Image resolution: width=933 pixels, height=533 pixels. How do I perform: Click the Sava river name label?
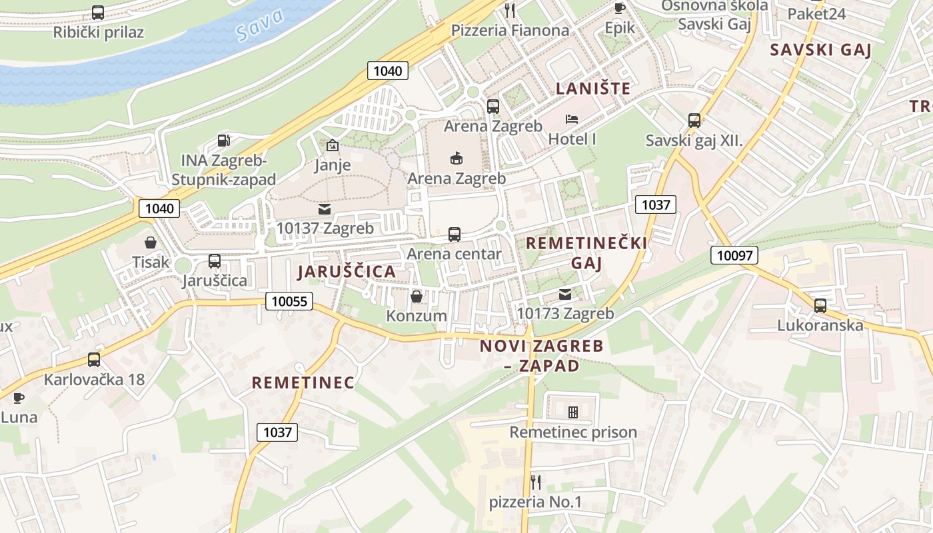(x=259, y=25)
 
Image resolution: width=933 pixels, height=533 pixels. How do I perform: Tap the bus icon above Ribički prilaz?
(x=98, y=12)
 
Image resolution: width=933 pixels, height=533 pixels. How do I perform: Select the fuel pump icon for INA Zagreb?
(x=225, y=141)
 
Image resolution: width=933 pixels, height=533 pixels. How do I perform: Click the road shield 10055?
(x=290, y=301)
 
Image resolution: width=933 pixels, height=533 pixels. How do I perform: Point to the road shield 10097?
(x=734, y=255)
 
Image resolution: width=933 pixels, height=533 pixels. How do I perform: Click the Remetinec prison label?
(x=573, y=432)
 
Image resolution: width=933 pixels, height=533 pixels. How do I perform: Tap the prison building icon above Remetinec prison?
(x=572, y=412)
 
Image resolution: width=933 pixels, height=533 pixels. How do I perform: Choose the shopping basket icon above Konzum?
(x=417, y=296)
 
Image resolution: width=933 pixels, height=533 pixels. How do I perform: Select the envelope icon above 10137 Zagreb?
(x=325, y=209)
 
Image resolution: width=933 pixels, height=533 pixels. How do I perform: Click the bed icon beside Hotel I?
(x=572, y=119)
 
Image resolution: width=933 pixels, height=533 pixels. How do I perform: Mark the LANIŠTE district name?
(x=593, y=88)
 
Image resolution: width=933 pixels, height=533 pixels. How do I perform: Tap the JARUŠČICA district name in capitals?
(x=347, y=272)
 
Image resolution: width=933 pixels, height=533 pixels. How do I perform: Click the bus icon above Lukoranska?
(x=820, y=305)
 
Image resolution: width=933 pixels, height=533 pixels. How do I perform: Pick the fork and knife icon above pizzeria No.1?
(x=535, y=481)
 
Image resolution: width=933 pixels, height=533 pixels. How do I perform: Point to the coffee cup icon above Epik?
(x=619, y=8)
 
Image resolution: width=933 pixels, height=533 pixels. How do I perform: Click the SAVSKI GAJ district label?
(x=820, y=50)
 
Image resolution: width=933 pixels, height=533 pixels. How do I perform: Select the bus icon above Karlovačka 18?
(x=94, y=360)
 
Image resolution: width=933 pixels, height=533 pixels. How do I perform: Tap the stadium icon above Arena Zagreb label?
(x=457, y=158)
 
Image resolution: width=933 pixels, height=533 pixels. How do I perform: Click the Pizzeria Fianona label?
(x=510, y=30)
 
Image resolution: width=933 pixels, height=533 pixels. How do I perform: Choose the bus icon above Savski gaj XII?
(x=694, y=121)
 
